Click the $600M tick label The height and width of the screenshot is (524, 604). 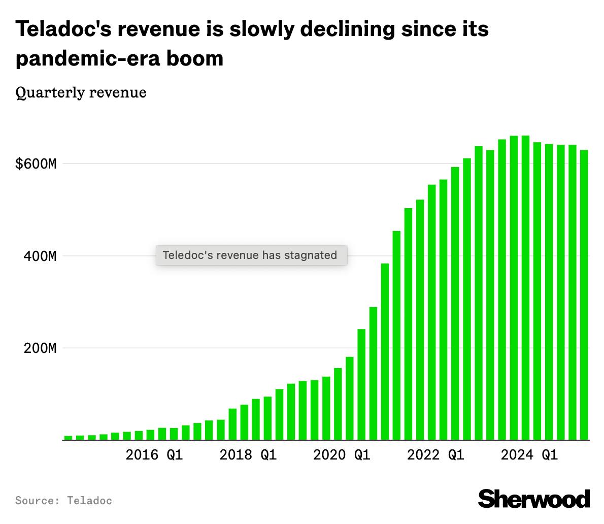pos(36,164)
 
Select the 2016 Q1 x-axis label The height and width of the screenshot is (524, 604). pos(154,455)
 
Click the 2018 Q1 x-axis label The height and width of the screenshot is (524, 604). pos(248,455)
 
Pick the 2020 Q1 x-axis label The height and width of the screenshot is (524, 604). pos(342,455)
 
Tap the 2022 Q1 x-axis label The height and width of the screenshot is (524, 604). pos(435,455)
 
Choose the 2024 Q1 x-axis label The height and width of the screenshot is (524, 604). pos(529,455)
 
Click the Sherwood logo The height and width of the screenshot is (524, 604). pos(534,499)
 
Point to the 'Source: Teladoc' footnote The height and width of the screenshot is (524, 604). pos(63,501)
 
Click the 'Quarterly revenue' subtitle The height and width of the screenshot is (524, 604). pos(81,92)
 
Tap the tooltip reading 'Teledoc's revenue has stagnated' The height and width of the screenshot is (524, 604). pos(251,255)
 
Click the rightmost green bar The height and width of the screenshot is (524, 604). pos(584,294)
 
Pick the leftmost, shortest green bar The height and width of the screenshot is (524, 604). pos(68,438)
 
